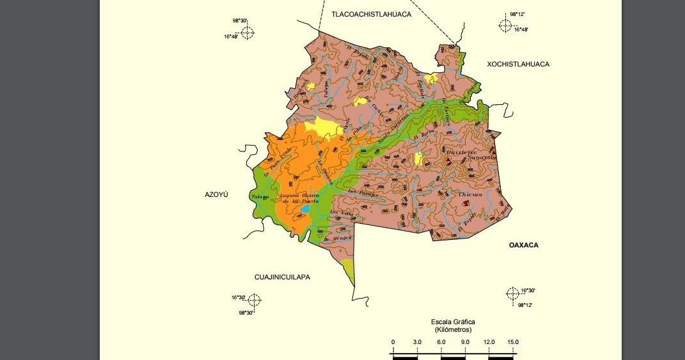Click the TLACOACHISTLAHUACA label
(x=371, y=13)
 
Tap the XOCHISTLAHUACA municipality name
(x=518, y=64)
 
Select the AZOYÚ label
(x=216, y=194)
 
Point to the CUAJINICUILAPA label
(x=282, y=277)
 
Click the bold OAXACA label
(x=524, y=245)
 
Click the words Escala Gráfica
(x=453, y=322)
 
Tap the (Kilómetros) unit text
(x=453, y=330)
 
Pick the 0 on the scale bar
(x=393, y=342)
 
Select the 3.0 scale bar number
(x=417, y=342)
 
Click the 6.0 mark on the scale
(x=441, y=342)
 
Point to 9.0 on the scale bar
(x=465, y=342)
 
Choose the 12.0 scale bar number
(x=489, y=342)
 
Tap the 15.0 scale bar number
(x=513, y=342)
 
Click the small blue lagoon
(x=305, y=209)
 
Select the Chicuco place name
(x=470, y=194)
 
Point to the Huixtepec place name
(x=462, y=152)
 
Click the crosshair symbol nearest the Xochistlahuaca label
(x=505, y=25)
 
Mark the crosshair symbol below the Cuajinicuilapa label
(x=254, y=300)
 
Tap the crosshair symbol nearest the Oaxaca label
(x=512, y=293)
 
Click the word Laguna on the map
(x=291, y=195)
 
